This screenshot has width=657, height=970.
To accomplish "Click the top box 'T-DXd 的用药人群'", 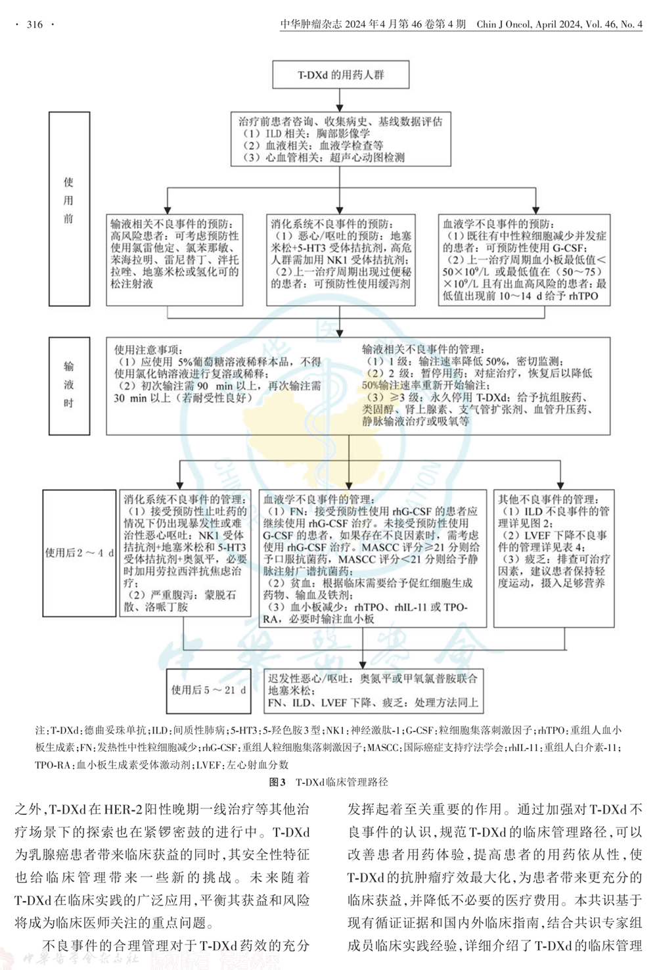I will tap(340, 75).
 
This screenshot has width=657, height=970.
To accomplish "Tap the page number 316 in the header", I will tap(35, 24).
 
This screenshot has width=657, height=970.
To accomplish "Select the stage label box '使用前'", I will tap(69, 208).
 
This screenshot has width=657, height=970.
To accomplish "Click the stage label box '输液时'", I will tap(69, 386).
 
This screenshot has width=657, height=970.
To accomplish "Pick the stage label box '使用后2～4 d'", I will tap(79, 553).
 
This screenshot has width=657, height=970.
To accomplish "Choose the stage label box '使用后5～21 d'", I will tap(208, 690).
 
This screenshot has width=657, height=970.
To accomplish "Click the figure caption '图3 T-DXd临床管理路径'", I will tap(328, 782).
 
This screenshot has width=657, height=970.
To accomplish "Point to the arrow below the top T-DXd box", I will tap(340, 100).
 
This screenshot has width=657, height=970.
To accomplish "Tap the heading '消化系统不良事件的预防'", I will tap(332, 224).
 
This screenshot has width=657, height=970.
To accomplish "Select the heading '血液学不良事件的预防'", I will tap(497, 224).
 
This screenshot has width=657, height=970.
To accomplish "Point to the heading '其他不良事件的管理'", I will tap(548, 499).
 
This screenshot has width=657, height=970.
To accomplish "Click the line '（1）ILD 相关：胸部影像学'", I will tap(306, 133).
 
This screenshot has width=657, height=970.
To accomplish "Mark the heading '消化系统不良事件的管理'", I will tap(185, 499).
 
